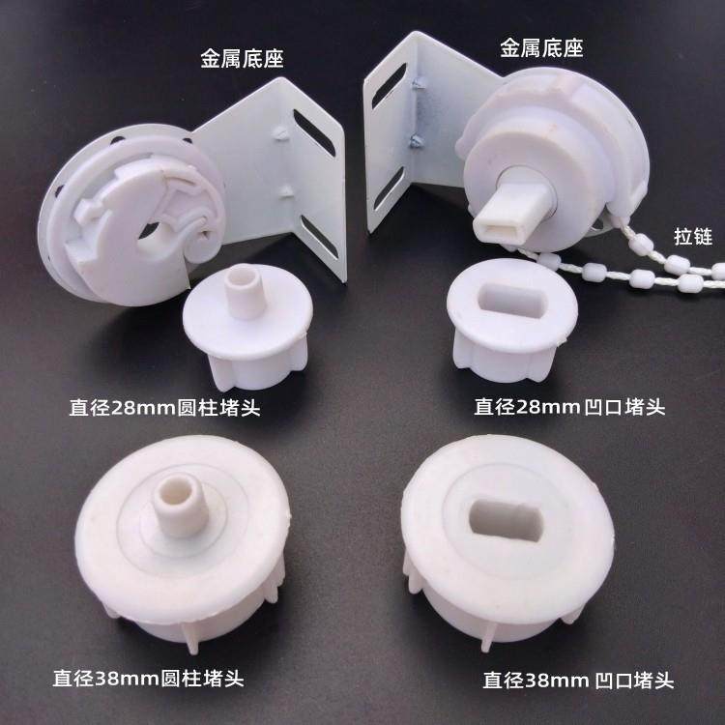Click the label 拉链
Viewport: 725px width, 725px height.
click(692, 237)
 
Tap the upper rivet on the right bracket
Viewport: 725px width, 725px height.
click(418, 86)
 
